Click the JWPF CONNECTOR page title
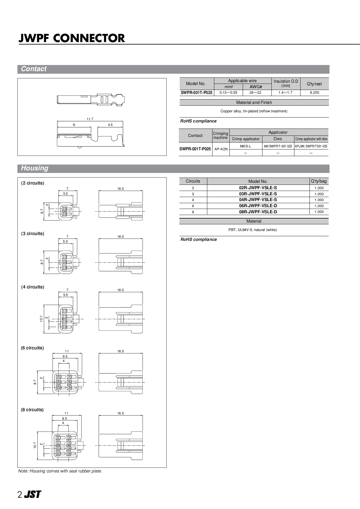[x=72, y=38]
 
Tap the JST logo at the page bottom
[x=33, y=494]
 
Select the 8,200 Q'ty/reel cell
[x=314, y=93]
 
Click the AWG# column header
[x=256, y=86]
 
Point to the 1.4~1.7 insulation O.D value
[x=285, y=93]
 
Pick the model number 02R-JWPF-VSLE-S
[x=258, y=188]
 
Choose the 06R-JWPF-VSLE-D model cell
[x=258, y=206]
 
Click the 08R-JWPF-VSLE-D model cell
[x=258, y=212]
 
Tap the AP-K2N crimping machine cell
[x=221, y=149]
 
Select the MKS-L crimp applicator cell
[x=246, y=146]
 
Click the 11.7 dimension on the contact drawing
[x=90, y=119]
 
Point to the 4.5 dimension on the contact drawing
[x=110, y=125]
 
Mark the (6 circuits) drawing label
[x=32, y=348]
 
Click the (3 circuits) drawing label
[x=33, y=234]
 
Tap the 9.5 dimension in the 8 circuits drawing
[x=64, y=418]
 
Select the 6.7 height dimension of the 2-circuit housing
[x=42, y=211]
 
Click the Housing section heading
[x=35, y=168]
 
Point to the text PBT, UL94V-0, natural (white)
[x=253, y=230]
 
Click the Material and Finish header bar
[x=254, y=102]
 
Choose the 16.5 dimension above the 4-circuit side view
[x=120, y=290]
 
